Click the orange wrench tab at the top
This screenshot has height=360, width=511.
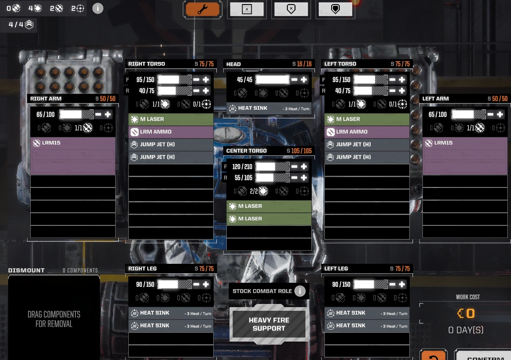click(x=202, y=9)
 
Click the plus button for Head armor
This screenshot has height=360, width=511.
click(x=304, y=80)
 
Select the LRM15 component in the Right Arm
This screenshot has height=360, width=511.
click(x=73, y=143)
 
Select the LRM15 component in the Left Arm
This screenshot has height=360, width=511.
click(x=465, y=143)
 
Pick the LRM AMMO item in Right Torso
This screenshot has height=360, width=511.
click(x=171, y=132)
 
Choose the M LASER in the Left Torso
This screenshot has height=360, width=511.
click(x=367, y=119)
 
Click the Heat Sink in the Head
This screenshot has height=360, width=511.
click(x=269, y=108)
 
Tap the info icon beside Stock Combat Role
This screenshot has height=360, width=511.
click(x=300, y=291)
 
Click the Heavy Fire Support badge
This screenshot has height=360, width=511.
click(x=269, y=324)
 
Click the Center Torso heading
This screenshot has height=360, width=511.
click(x=247, y=151)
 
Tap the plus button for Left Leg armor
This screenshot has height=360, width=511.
click(x=402, y=285)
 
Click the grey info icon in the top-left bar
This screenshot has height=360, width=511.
click(x=98, y=8)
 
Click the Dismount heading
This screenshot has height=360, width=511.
click(x=26, y=271)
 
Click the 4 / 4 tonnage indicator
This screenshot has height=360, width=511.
click(x=20, y=24)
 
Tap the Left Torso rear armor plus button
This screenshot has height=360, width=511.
click(x=402, y=91)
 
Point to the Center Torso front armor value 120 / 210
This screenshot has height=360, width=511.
click(x=242, y=167)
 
